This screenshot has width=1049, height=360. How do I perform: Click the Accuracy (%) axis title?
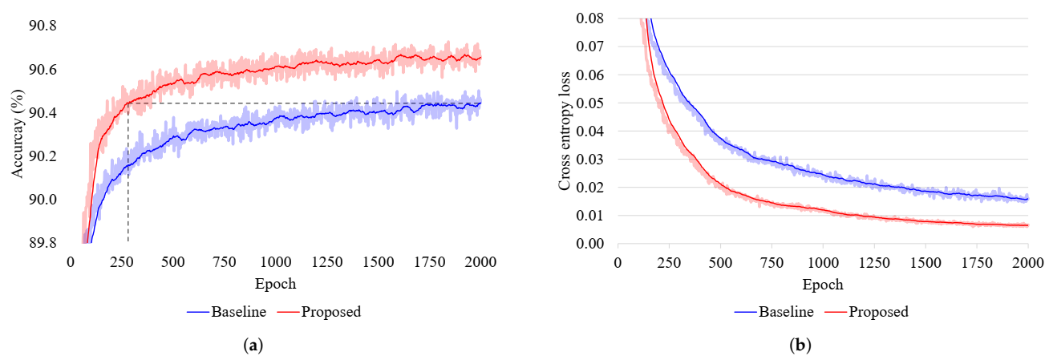[x=16, y=134]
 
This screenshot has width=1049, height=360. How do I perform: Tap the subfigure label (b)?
[x=800, y=346]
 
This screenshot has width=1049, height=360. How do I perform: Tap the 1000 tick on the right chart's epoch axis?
[x=822, y=262]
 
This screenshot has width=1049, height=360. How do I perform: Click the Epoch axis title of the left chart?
[x=275, y=284]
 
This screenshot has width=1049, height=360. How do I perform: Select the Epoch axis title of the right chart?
[x=822, y=284]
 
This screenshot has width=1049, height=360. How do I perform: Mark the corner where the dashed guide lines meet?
[x=128, y=103]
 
